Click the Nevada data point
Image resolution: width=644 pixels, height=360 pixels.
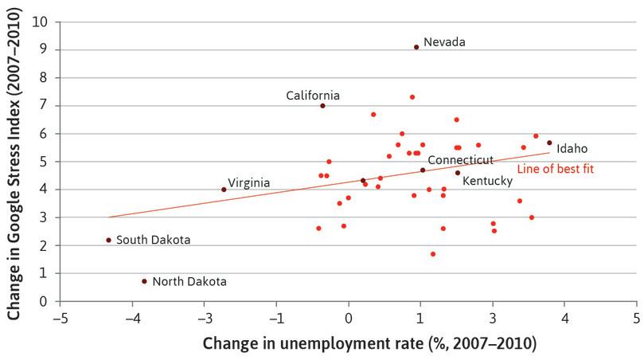pyautogui.click(x=416, y=47)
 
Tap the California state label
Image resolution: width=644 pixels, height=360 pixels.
pyautogui.click(x=313, y=96)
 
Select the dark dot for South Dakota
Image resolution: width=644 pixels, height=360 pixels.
pyautogui.click(x=108, y=240)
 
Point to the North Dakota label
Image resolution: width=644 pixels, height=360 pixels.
pyautogui.click(x=189, y=281)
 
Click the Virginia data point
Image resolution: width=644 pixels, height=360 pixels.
pyautogui.click(x=224, y=190)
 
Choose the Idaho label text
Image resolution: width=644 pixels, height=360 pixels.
pyautogui.click(x=572, y=148)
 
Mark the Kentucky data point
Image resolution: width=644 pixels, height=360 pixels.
pyautogui.click(x=458, y=173)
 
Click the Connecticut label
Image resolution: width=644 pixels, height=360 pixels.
pyautogui.click(x=460, y=160)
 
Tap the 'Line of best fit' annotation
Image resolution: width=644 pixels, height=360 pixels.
pyautogui.click(x=555, y=169)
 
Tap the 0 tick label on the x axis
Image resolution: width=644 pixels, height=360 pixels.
pyautogui.click(x=349, y=318)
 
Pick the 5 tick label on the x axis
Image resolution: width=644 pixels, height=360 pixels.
pyautogui.click(x=636, y=318)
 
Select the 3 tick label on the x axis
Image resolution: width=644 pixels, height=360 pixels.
pyautogui.click(x=493, y=318)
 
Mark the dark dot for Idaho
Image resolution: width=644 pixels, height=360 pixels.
pyautogui.click(x=549, y=143)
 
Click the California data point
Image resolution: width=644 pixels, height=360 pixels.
pyautogui.click(x=322, y=106)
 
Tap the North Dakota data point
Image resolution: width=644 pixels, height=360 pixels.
pyautogui.click(x=144, y=281)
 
